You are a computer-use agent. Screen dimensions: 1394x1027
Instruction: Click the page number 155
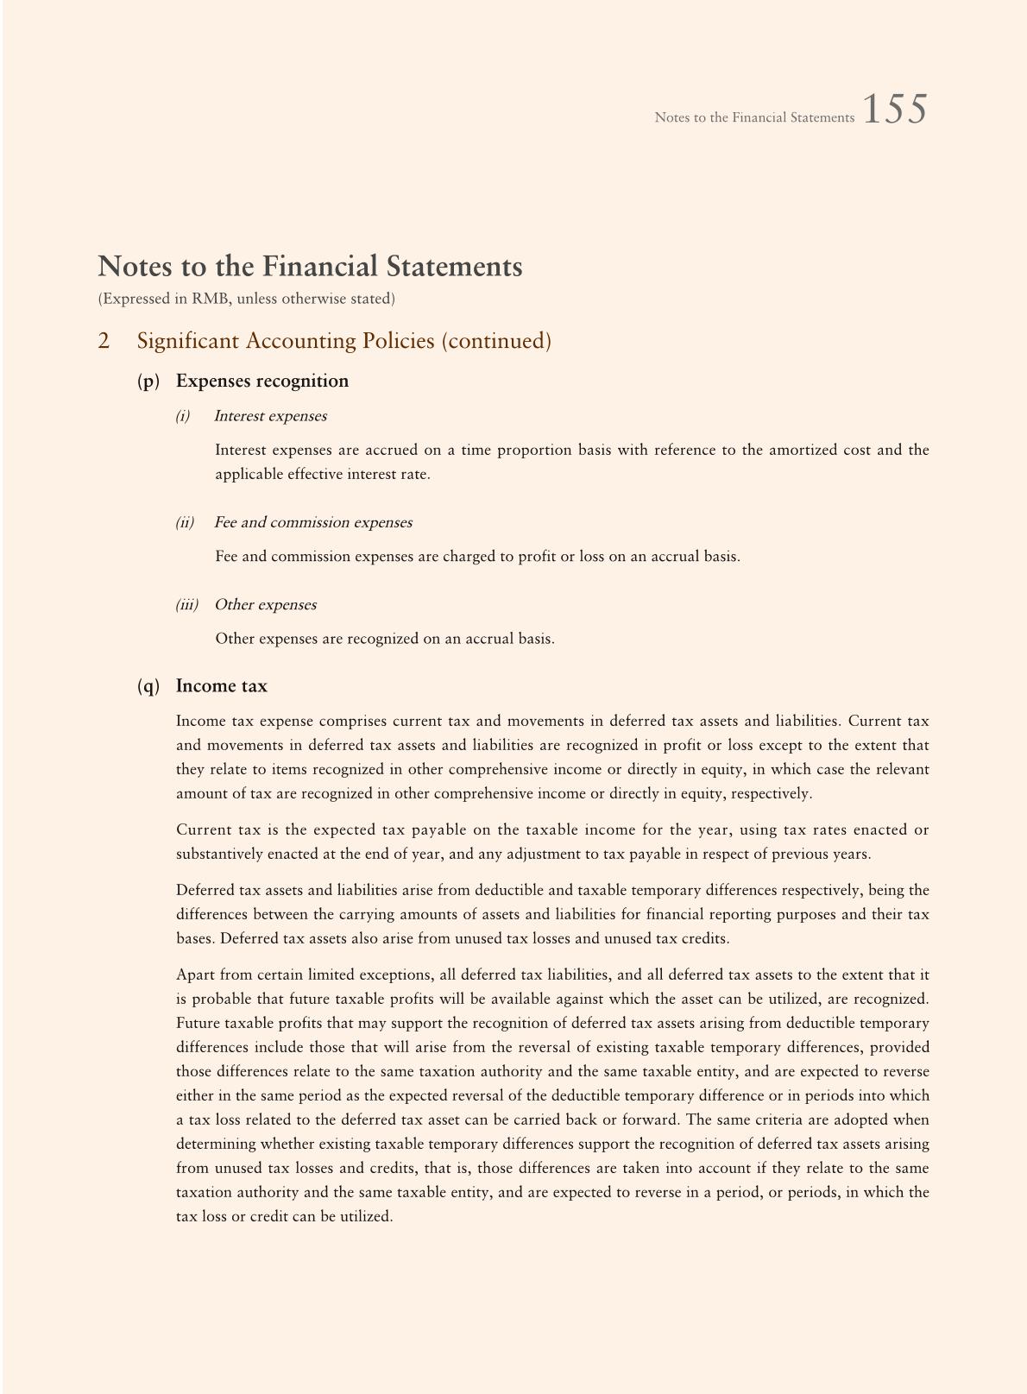(894, 110)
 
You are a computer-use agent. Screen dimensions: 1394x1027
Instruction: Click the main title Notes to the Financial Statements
(310, 267)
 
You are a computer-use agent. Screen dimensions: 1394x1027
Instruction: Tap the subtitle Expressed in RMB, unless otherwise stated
(246, 299)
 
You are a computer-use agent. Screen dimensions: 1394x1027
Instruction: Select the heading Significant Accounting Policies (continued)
(343, 341)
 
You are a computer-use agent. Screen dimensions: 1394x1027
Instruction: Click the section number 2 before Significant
(104, 341)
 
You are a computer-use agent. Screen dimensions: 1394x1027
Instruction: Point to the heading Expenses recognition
(262, 382)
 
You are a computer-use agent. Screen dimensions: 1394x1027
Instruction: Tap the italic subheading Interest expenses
(270, 416)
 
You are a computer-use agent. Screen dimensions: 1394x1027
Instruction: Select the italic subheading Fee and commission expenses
(312, 522)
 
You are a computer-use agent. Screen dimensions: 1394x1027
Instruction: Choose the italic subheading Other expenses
(265, 604)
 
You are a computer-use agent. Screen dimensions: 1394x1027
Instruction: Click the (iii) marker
(187, 604)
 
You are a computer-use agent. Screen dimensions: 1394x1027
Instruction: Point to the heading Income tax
(222, 686)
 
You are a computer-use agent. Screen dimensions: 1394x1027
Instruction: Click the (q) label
(148, 686)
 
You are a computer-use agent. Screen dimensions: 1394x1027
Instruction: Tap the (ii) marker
(185, 522)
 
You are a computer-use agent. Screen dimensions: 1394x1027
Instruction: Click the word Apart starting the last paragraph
(195, 975)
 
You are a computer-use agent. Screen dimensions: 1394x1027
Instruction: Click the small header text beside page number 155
(753, 117)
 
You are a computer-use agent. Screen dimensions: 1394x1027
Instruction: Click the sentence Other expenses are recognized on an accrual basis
(384, 640)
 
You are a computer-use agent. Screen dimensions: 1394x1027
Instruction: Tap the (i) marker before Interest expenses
(182, 416)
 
